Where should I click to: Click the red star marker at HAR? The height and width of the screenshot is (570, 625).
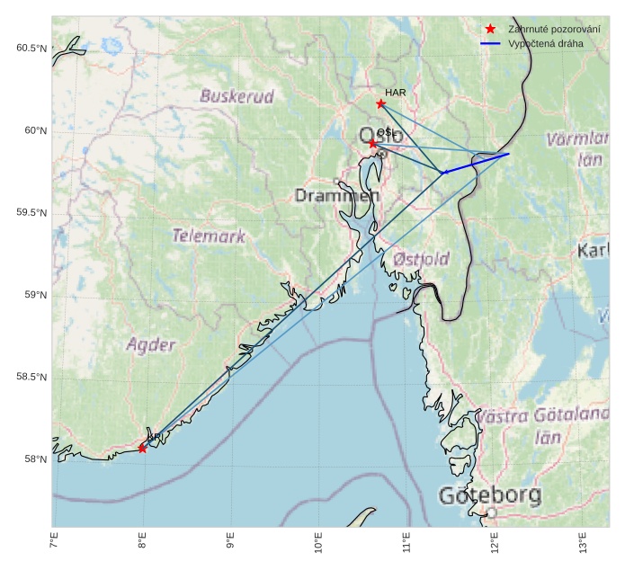point(380,103)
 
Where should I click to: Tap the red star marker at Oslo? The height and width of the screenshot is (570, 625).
point(373,143)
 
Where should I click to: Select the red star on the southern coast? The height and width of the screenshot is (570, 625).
point(142,448)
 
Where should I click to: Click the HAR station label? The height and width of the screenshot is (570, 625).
point(396,92)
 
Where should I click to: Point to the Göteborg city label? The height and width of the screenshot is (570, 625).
point(490,495)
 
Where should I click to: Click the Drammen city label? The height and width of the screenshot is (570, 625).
point(337,195)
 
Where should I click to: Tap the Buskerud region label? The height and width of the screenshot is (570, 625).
point(237,96)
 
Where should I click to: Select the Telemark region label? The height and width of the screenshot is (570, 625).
point(209,236)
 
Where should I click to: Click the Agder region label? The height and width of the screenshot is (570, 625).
point(151,344)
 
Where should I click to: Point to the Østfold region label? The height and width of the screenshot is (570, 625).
point(421,259)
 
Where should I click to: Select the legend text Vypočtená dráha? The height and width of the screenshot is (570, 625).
point(546,43)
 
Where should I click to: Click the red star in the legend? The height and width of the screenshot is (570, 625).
point(489,29)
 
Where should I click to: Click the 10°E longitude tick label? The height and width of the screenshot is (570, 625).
point(318,545)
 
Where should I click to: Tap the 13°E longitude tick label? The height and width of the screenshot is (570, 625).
point(583,545)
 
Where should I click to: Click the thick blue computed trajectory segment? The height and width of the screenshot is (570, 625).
point(477,163)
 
